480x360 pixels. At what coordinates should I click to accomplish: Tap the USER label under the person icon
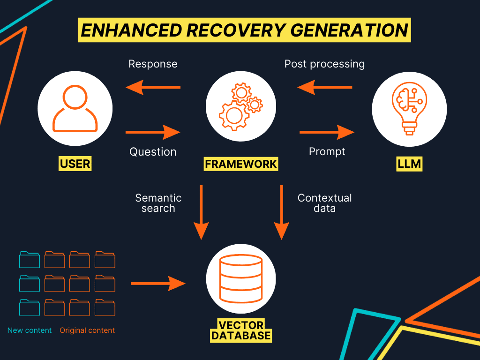click(x=75, y=164)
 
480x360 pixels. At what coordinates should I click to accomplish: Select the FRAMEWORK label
click(x=241, y=164)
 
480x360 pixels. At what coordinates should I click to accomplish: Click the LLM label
click(x=409, y=164)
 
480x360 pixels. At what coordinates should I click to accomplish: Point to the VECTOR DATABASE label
click(x=241, y=330)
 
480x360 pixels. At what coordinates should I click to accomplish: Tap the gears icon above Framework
click(x=241, y=106)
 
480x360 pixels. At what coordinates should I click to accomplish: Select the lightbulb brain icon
click(x=409, y=109)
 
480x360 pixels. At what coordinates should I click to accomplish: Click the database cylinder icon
click(x=241, y=278)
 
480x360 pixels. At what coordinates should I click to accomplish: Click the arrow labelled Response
click(x=153, y=87)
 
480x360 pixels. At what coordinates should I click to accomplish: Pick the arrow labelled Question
click(x=153, y=132)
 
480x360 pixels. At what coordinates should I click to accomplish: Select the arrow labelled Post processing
click(x=324, y=87)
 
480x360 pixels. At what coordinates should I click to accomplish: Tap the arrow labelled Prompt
click(x=327, y=132)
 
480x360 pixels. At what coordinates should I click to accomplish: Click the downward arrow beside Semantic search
click(x=201, y=212)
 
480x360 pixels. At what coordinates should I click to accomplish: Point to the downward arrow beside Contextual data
click(x=282, y=212)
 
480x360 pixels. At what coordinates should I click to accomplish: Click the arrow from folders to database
click(x=158, y=284)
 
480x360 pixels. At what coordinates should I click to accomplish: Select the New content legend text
click(x=30, y=330)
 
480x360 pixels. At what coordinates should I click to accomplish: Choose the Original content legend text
click(x=87, y=330)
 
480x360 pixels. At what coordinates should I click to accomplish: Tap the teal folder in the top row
click(x=30, y=260)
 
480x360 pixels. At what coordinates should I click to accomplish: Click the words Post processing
click(x=324, y=64)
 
